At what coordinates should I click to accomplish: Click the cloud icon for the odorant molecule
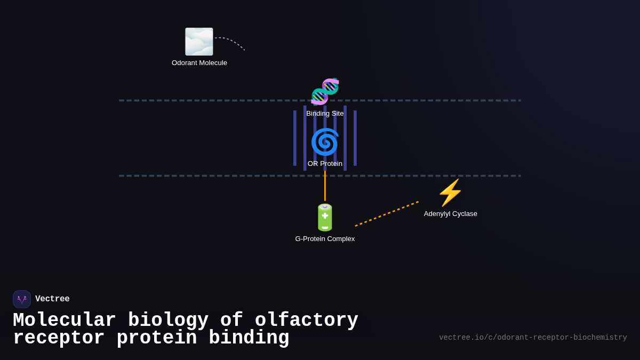(199, 42)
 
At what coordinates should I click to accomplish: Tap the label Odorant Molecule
(199, 63)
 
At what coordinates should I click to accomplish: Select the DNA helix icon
(325, 91)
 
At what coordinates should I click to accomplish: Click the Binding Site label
(325, 114)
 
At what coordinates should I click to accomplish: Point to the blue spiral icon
(325, 142)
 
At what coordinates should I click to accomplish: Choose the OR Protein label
(325, 164)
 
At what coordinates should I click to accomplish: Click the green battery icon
(325, 217)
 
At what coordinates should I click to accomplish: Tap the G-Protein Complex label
(325, 239)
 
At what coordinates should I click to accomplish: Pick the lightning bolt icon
(450, 193)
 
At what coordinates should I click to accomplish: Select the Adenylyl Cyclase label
(451, 214)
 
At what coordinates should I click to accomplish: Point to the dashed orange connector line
(387, 214)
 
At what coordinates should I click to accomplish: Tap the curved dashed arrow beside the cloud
(230, 41)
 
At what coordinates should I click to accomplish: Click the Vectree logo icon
(22, 299)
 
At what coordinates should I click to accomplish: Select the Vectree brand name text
(52, 299)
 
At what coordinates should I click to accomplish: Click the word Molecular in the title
(64, 321)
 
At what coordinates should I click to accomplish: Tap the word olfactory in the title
(306, 321)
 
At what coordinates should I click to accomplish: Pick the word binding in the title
(249, 338)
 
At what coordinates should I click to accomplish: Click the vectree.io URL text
(533, 338)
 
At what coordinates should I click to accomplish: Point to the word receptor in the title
(59, 338)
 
